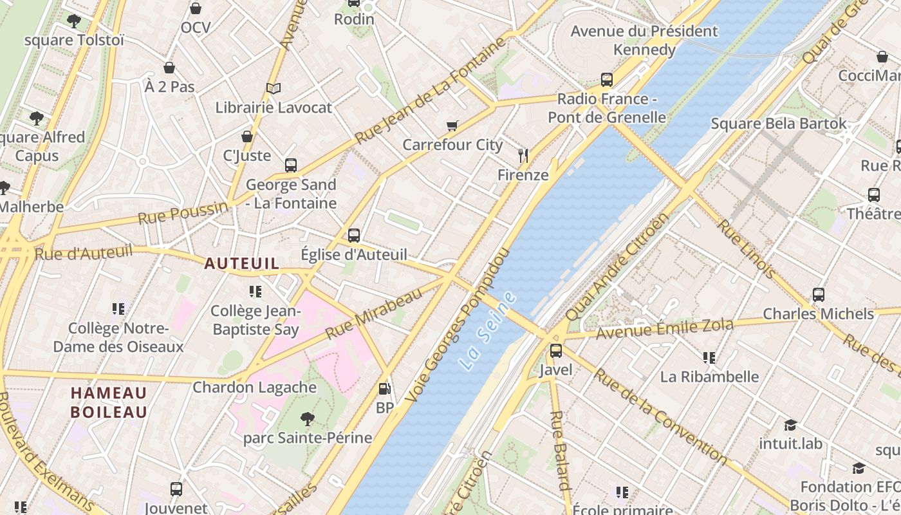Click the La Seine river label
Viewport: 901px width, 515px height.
point(488,330)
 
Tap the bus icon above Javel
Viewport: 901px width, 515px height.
point(555,351)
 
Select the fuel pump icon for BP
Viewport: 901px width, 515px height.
point(384,389)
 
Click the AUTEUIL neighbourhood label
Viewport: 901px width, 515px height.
point(242,263)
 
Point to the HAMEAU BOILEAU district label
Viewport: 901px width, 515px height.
point(109,402)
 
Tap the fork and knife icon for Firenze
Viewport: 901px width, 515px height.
point(523,155)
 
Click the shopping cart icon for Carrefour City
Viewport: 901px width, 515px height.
point(452,126)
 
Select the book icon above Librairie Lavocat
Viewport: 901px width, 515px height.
point(274,88)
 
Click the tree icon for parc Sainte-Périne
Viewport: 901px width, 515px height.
point(308,419)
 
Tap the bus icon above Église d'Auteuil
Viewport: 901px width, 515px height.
point(354,236)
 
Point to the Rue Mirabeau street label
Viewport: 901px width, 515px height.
point(375,313)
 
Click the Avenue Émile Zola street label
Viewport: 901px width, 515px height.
point(664,328)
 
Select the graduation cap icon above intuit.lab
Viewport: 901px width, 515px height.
point(790,425)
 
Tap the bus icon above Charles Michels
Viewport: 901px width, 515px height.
point(819,295)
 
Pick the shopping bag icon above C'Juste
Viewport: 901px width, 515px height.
point(246,136)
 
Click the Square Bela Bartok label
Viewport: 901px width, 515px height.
point(779,123)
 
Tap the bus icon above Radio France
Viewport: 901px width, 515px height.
point(606,80)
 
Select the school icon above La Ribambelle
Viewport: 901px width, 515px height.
point(709,357)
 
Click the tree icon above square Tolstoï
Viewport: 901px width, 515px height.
point(74,21)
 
